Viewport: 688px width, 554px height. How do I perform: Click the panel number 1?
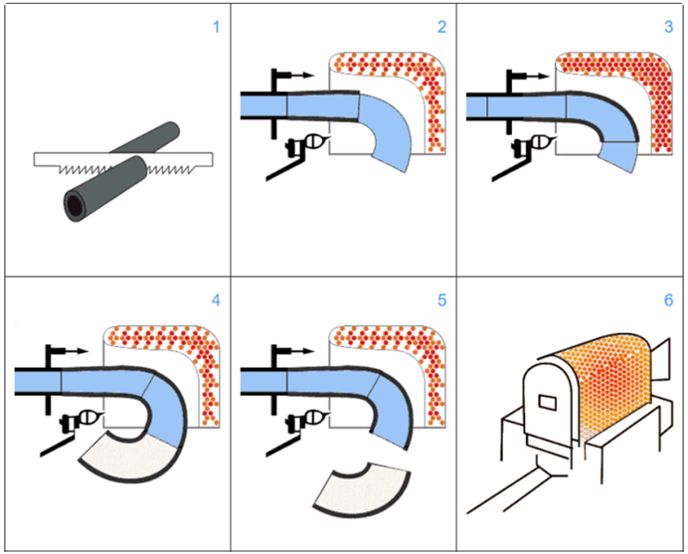[214, 26]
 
